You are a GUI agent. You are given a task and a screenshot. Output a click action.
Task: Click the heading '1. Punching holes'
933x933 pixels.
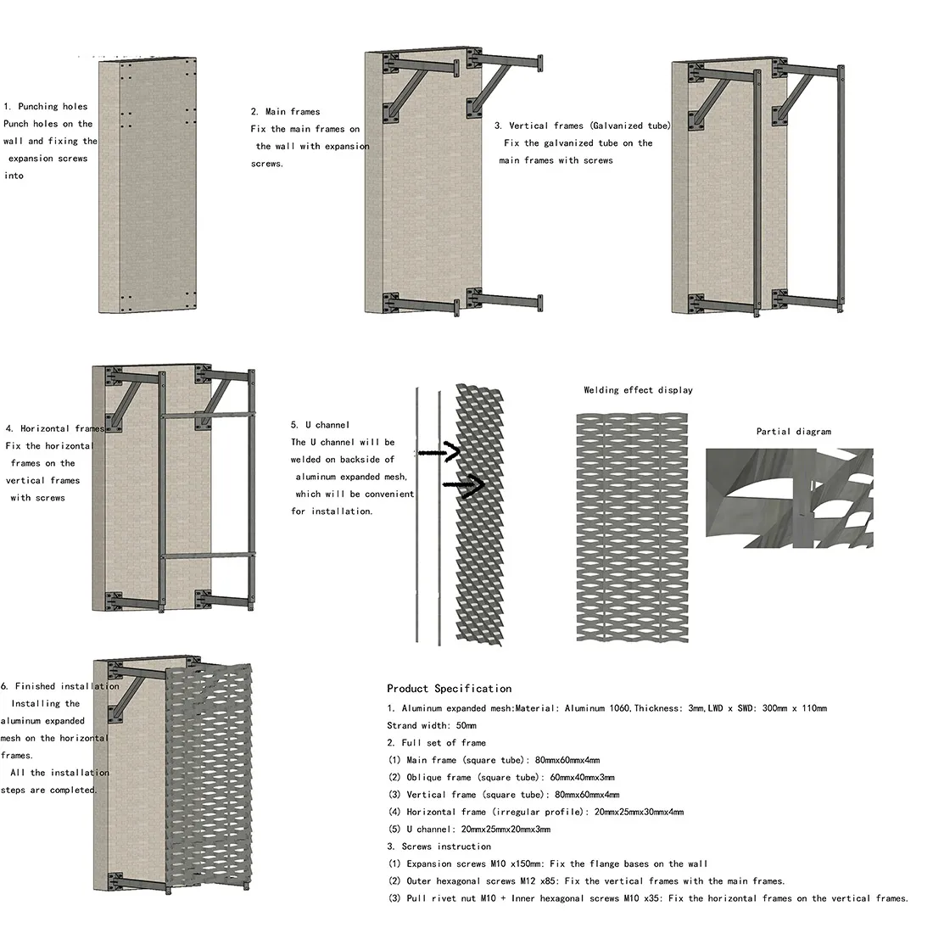(x=46, y=107)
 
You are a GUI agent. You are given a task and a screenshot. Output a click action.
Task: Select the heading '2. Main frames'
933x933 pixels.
(x=285, y=112)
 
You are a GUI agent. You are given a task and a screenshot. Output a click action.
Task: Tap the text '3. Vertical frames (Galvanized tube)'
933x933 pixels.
(x=582, y=126)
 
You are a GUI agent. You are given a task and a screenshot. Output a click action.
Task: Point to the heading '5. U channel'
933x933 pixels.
(x=320, y=425)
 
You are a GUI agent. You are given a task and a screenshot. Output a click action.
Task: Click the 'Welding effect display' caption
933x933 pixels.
(x=638, y=390)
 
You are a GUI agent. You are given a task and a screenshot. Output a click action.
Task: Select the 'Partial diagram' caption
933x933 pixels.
(x=793, y=432)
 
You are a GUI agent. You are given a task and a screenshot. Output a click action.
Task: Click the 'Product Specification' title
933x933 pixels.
(x=449, y=689)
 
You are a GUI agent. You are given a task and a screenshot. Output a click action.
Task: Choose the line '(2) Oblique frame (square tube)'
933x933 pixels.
(x=501, y=778)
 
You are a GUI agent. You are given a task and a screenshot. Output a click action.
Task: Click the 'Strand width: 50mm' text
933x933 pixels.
(x=432, y=726)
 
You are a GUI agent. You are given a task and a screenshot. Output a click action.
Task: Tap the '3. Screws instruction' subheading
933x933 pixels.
(x=439, y=846)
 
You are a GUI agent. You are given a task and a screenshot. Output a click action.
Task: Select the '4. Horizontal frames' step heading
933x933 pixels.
(x=54, y=429)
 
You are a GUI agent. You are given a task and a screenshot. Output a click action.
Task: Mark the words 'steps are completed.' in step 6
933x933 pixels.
(x=49, y=791)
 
